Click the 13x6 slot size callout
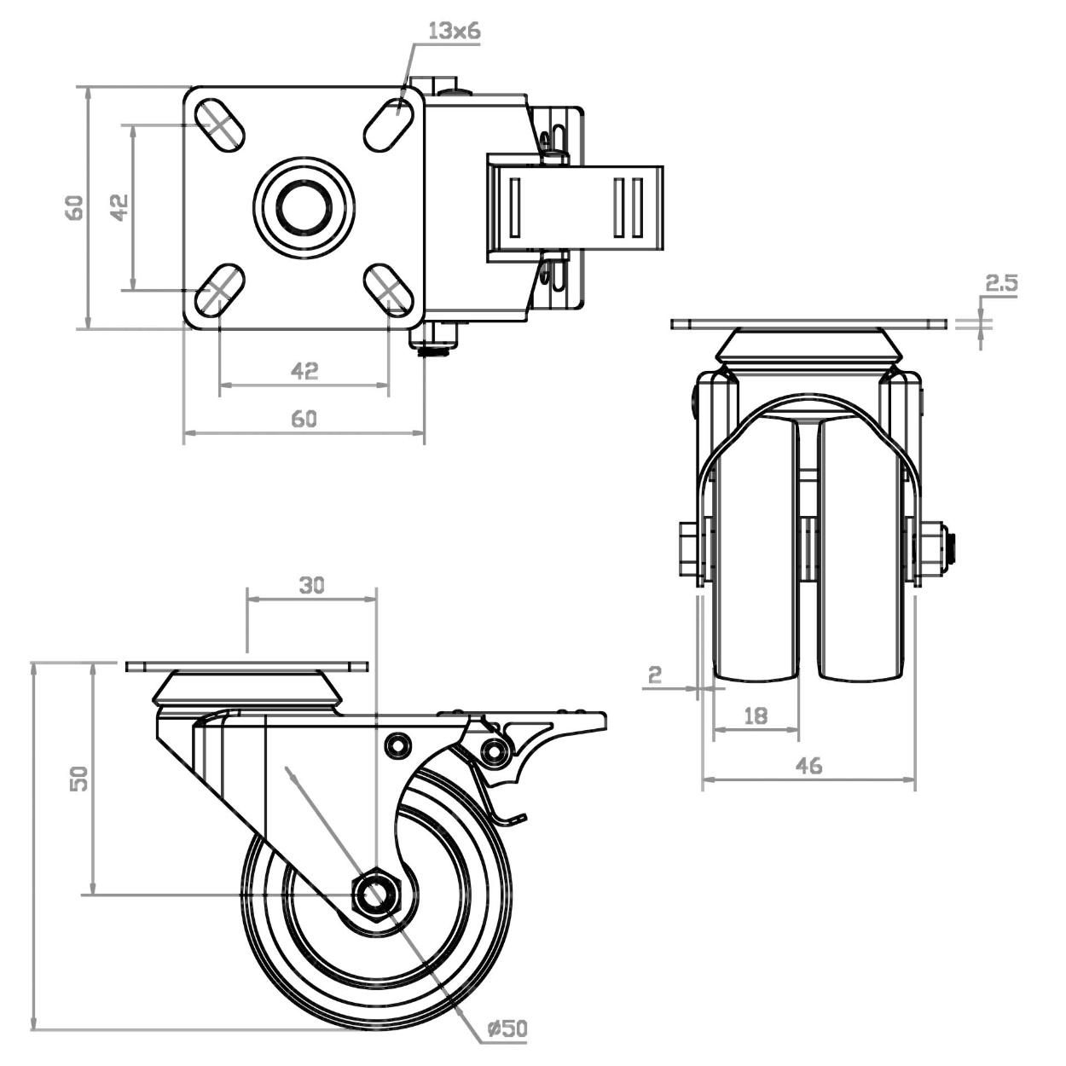(x=455, y=32)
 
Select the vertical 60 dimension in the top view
(x=76, y=207)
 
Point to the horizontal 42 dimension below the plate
(x=304, y=371)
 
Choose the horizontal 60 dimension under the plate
(x=304, y=419)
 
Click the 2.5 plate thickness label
(x=1001, y=284)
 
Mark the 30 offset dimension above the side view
(x=311, y=585)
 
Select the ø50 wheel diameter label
(x=507, y=1029)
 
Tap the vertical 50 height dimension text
(x=78, y=778)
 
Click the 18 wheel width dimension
(x=756, y=715)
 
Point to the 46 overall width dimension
(x=808, y=766)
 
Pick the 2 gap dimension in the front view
(x=655, y=675)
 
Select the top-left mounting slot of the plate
(x=220, y=125)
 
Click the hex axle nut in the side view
(x=375, y=895)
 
